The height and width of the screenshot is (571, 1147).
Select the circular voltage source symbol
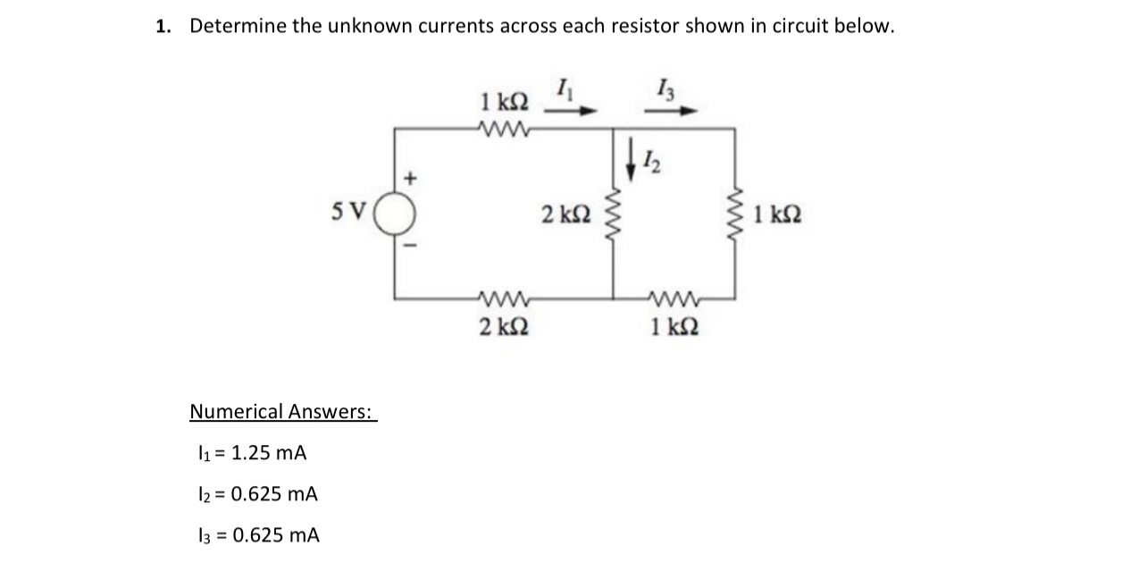(x=395, y=215)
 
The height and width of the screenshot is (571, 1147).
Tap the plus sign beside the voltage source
(x=412, y=178)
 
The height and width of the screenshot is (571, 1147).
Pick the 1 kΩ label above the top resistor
(x=504, y=100)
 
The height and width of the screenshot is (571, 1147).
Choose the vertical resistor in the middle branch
(x=613, y=215)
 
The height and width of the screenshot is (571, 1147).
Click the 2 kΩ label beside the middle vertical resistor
(x=565, y=214)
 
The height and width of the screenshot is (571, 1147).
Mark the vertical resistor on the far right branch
(x=736, y=215)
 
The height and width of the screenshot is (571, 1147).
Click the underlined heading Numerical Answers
(x=282, y=411)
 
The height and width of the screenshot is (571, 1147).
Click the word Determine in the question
(x=238, y=26)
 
